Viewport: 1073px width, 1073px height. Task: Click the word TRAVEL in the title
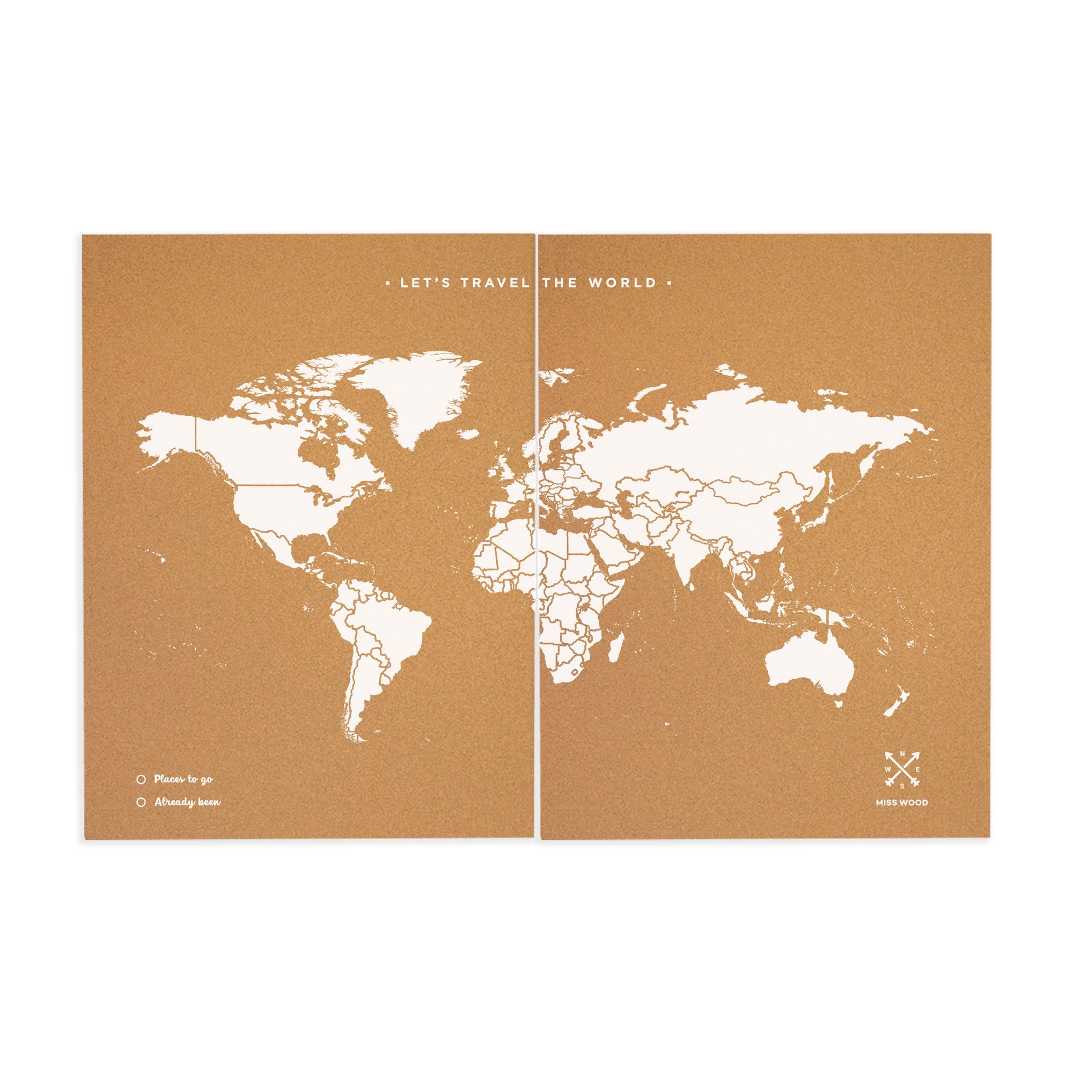[x=495, y=283]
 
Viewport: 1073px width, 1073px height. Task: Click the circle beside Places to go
[x=141, y=779]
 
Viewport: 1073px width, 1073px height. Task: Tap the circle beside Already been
[x=141, y=802]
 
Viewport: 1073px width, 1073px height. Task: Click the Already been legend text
[x=187, y=802]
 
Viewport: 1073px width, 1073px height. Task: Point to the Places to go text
[x=183, y=779]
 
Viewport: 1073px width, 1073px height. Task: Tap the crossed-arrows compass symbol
[x=902, y=769]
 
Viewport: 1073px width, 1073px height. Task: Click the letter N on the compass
[x=902, y=754]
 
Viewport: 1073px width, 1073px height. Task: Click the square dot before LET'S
[x=388, y=283]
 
